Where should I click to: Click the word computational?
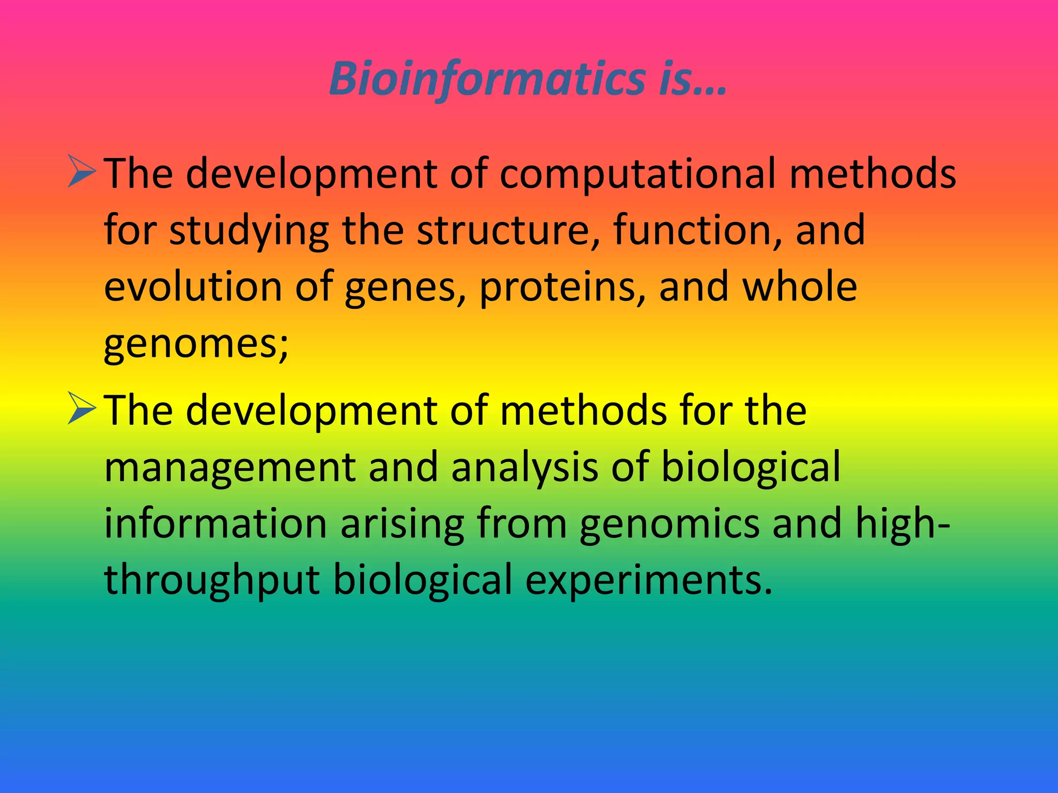(x=637, y=174)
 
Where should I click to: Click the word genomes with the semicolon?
(x=196, y=344)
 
